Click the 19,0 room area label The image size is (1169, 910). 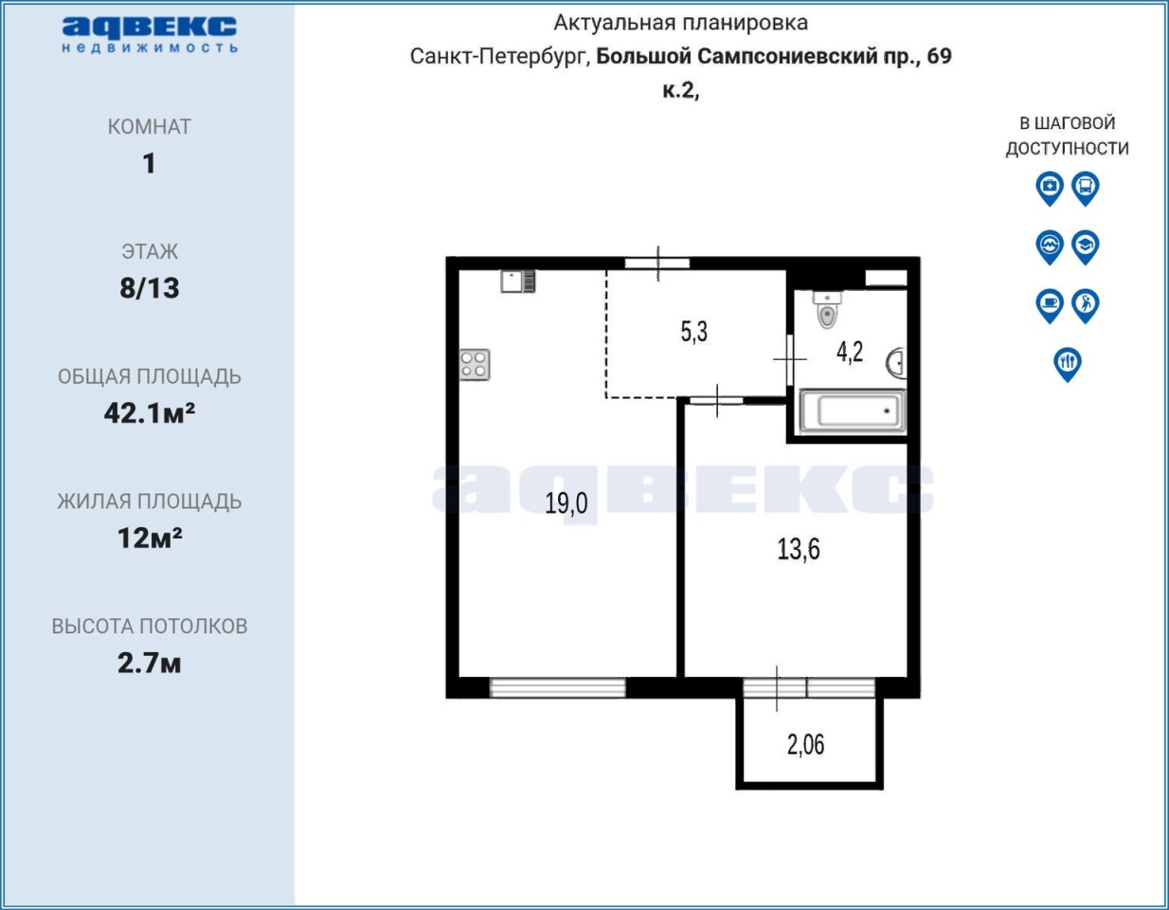(566, 503)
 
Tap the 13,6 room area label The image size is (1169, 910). (799, 550)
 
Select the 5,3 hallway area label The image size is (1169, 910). (694, 332)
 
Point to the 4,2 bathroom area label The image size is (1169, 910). (850, 353)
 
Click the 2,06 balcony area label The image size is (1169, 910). (805, 745)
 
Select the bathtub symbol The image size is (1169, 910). (853, 411)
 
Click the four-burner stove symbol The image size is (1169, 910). (475, 365)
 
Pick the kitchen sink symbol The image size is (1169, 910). (518, 282)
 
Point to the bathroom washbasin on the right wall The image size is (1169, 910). (897, 363)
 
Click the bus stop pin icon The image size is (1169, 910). (1085, 189)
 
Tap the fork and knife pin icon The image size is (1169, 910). (1068, 364)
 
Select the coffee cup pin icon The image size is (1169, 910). (1050, 306)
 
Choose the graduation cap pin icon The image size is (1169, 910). (1085, 247)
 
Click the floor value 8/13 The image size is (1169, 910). (150, 288)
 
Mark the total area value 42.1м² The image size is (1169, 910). (150, 413)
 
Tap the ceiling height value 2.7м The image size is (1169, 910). (150, 663)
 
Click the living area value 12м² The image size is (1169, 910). (150, 538)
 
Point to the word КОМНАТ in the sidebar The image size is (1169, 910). (150, 127)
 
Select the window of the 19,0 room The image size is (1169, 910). (557, 688)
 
